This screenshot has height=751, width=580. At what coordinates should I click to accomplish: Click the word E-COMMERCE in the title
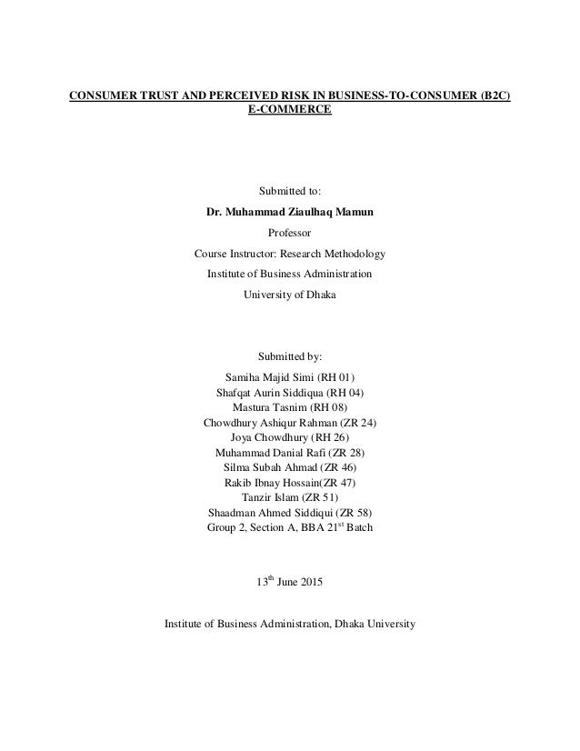point(290,110)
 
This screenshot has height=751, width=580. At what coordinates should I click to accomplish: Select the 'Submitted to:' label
point(290,192)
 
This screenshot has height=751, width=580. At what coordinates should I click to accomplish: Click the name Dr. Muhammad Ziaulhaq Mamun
point(290,213)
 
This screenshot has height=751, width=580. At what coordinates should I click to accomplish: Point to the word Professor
point(290,233)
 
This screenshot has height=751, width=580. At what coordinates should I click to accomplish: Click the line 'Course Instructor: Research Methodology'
point(290,254)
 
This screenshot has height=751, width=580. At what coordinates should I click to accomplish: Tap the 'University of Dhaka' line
point(290,294)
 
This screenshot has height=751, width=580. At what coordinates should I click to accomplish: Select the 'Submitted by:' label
point(290,355)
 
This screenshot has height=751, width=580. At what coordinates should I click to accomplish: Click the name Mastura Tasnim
point(269,408)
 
